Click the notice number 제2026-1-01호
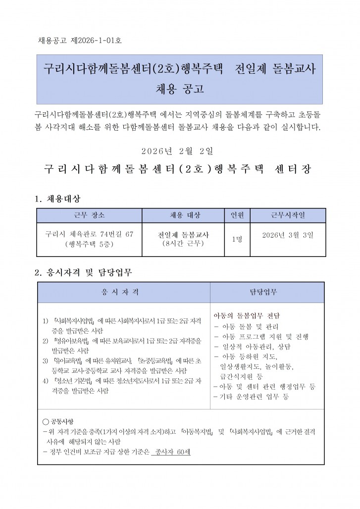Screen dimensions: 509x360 [94, 40]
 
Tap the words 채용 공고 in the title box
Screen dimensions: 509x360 [180, 89]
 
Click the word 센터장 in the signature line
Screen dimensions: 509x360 [294, 168]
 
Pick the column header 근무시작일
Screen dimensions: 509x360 [288, 215]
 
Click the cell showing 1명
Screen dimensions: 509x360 [237, 239]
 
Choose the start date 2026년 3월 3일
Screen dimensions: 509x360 [288, 235]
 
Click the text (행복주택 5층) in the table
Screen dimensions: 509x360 [88, 244]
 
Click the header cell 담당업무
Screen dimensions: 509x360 [267, 292]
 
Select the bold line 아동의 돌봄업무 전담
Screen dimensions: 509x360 [246, 316]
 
